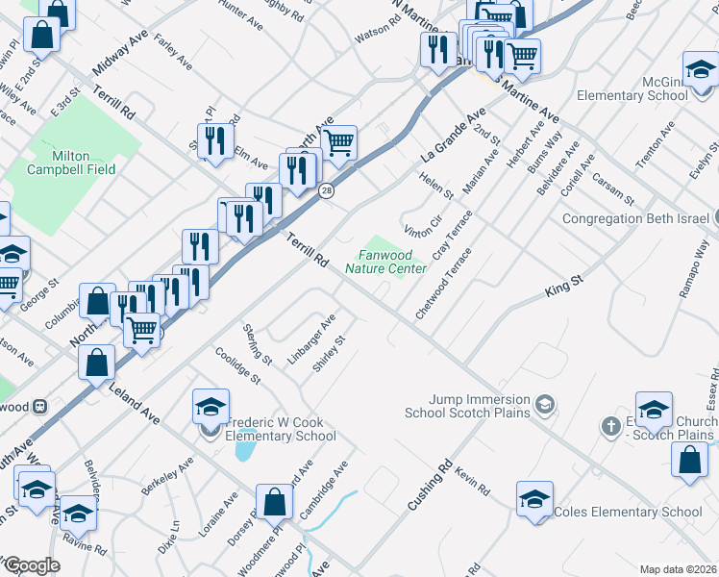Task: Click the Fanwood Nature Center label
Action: click(x=391, y=263)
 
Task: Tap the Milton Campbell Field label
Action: click(x=85, y=163)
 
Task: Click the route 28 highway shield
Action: click(x=327, y=190)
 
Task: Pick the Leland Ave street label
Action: click(x=135, y=402)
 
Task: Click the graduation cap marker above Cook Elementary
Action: click(x=211, y=406)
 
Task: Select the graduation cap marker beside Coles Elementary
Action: click(x=534, y=498)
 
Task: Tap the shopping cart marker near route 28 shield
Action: click(x=338, y=143)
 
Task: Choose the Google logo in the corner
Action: click(x=31, y=565)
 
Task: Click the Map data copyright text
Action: click(x=677, y=569)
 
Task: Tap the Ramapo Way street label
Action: click(x=694, y=276)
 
